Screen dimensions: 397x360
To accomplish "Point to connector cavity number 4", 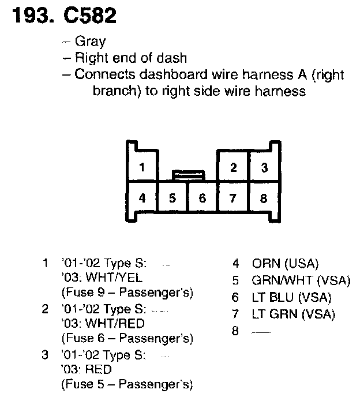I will click(142, 198).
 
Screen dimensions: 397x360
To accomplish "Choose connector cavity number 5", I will click(172, 198).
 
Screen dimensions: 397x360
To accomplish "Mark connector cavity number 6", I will click(202, 198).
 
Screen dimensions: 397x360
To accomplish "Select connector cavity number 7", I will click(233, 198).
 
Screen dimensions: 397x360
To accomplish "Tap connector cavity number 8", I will click(264, 198).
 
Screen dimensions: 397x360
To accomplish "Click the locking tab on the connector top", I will click(188, 173).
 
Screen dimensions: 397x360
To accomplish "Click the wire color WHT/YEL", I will click(115, 277).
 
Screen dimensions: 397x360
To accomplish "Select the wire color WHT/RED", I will click(115, 324).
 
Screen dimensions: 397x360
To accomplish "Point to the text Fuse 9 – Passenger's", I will click(127, 291).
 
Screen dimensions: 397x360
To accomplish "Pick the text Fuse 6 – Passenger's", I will click(127, 338).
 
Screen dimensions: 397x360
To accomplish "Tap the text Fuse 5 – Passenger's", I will click(127, 384).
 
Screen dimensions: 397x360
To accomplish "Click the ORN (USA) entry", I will click(285, 264).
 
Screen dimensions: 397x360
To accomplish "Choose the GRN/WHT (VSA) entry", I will click(301, 281).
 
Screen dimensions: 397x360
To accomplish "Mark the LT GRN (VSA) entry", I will click(293, 314).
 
